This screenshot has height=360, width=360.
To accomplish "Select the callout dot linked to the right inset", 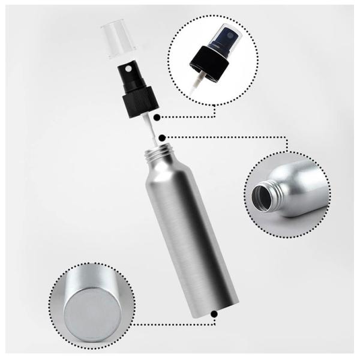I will [x=163, y=137].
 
